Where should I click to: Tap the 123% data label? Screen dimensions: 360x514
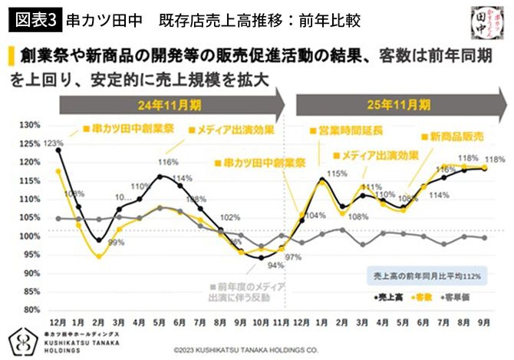click(53, 143)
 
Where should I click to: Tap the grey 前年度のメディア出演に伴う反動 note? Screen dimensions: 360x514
click(248, 290)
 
